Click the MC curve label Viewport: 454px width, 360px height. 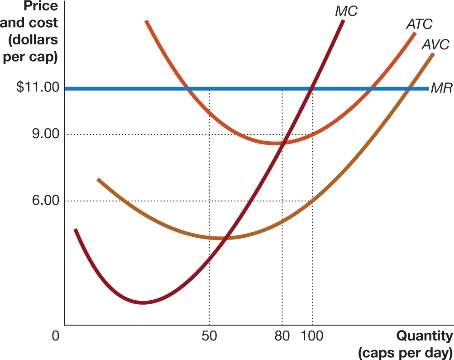pyautogui.click(x=346, y=11)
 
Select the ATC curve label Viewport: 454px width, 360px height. pyautogui.click(x=419, y=24)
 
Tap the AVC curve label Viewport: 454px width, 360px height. pyautogui.click(x=435, y=44)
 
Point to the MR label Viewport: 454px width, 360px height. pyautogui.click(x=441, y=88)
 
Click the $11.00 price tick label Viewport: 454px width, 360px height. pyautogui.click(x=38, y=87)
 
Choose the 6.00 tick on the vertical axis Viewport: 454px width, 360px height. pyautogui.click(x=46, y=201)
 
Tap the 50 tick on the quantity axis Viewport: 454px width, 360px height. pyautogui.click(x=209, y=336)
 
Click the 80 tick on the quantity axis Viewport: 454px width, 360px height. pyautogui.click(x=282, y=336)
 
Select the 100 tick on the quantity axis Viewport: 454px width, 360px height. pyautogui.click(x=312, y=336)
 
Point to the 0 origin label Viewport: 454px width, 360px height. pyautogui.click(x=55, y=336)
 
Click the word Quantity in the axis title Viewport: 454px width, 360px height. pyautogui.click(x=424, y=336)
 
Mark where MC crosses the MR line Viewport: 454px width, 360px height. pyautogui.click(x=311, y=88)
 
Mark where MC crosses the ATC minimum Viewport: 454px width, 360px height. pyautogui.click(x=282, y=143)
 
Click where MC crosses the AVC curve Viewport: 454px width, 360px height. pyautogui.click(x=225, y=238)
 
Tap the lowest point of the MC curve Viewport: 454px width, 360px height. pyautogui.click(x=143, y=302)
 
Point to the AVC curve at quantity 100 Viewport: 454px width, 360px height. pyautogui.click(x=312, y=201)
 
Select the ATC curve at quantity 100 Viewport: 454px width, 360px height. pyautogui.click(x=312, y=134)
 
